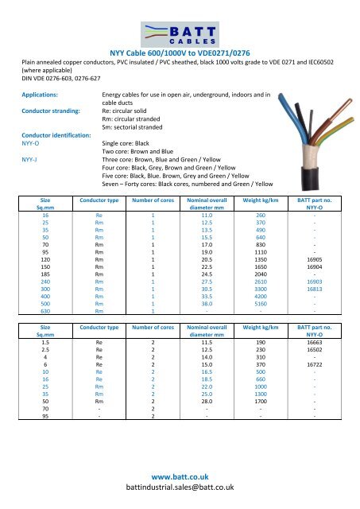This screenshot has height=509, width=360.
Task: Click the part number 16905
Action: (x=315, y=259)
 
